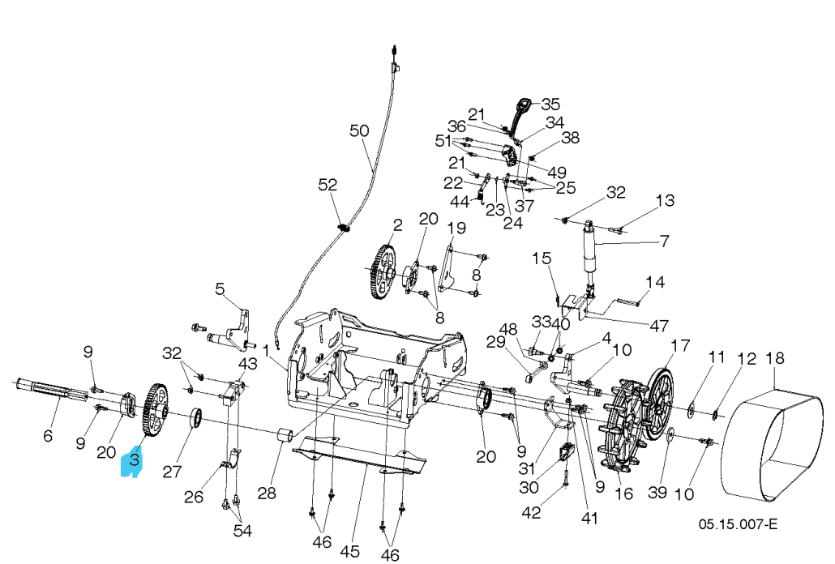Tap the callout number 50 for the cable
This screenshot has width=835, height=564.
coord(359,130)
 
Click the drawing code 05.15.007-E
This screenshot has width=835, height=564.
coord(738,523)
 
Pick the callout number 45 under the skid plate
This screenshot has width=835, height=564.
coord(349,552)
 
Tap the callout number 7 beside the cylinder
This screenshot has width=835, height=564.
coord(664,241)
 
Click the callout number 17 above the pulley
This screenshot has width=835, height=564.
coord(679,346)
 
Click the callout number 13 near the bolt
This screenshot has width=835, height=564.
coord(665,200)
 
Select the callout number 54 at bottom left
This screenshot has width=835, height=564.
coord(242,531)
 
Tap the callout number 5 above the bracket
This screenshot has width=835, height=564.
coord(220,288)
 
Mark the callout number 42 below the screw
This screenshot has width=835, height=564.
coord(552,511)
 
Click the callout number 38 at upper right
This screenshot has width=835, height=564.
coord(570,138)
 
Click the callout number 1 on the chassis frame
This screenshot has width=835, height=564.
coord(289,349)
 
